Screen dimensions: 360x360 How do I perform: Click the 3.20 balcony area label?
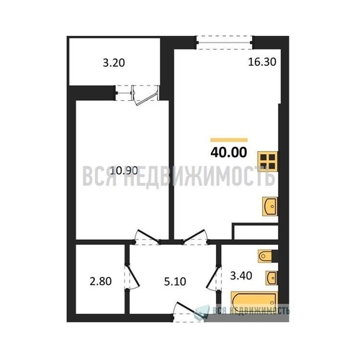pyautogui.click(x=114, y=63)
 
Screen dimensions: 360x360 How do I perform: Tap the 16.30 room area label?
pyautogui.click(x=262, y=62)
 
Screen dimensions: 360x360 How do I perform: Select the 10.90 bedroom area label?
pyautogui.click(x=124, y=171)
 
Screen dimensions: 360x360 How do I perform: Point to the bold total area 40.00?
pyautogui.click(x=229, y=153)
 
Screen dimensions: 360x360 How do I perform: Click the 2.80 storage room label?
pyautogui.click(x=101, y=282)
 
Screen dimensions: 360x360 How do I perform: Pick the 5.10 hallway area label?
pyautogui.click(x=175, y=282)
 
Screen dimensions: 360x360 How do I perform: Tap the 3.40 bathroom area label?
pyautogui.click(x=241, y=276)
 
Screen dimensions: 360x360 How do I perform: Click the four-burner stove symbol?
pyautogui.click(x=268, y=161)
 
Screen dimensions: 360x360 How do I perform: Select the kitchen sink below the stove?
pyautogui.click(x=270, y=207)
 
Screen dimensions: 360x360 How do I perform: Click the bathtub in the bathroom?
pyautogui.click(x=254, y=301)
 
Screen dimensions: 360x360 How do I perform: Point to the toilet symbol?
pyautogui.click(x=265, y=256)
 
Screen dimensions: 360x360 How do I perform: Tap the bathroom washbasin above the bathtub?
pyautogui.click(x=271, y=278)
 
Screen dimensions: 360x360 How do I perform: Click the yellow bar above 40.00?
pyautogui.click(x=229, y=140)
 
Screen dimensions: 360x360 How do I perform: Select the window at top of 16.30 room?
pyautogui.click(x=224, y=42)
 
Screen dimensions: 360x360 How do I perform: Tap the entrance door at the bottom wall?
pyautogui.click(x=189, y=312)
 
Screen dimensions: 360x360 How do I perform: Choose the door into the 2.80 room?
pyautogui.click(x=132, y=276)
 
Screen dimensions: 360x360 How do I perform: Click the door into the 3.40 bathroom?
pyautogui.click(x=214, y=279)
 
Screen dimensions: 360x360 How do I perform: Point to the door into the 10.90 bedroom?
pyautogui.click(x=147, y=237)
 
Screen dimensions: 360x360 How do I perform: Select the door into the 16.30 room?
pyautogui.click(x=194, y=237)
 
